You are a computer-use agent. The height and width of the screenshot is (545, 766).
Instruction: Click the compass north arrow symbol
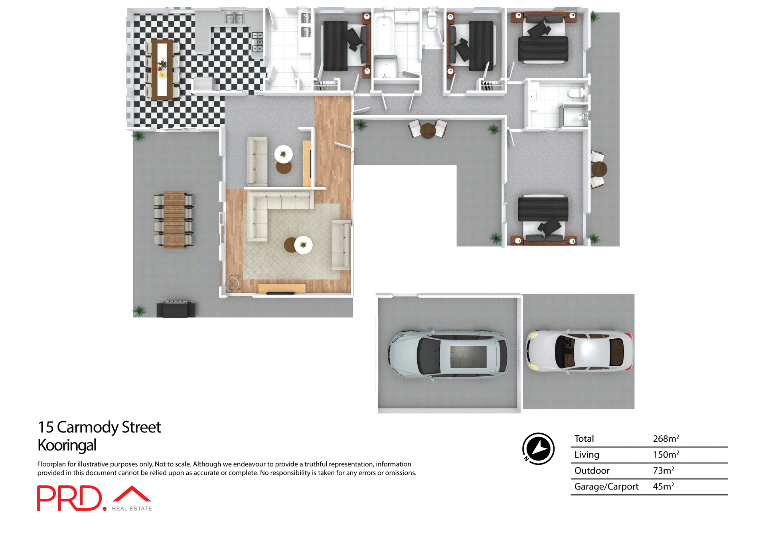(x=538, y=448)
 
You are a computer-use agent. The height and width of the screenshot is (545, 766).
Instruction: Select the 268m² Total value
(x=665, y=439)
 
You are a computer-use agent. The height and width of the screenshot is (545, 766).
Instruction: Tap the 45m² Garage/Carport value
(x=663, y=487)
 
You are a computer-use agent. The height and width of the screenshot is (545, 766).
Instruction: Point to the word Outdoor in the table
(x=592, y=471)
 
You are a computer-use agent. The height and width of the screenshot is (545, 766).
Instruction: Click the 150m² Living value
(x=665, y=455)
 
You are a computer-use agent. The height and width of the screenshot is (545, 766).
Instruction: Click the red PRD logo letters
(x=70, y=498)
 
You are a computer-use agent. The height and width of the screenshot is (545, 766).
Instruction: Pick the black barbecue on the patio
(x=176, y=309)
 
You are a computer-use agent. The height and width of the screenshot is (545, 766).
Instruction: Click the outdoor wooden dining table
(x=174, y=220)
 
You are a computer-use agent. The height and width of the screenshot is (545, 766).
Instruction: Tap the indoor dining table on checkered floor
(x=162, y=69)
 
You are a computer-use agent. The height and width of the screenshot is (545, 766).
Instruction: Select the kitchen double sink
(x=234, y=18)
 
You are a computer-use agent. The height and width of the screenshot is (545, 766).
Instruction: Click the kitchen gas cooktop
(x=257, y=42)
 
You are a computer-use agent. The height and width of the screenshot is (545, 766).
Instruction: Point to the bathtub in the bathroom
(x=384, y=35)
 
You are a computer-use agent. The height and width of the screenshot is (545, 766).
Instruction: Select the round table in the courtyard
(x=428, y=130)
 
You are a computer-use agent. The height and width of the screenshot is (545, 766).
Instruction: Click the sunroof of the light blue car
(x=468, y=357)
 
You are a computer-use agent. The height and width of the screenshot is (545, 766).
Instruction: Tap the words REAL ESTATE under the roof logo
(x=132, y=509)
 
